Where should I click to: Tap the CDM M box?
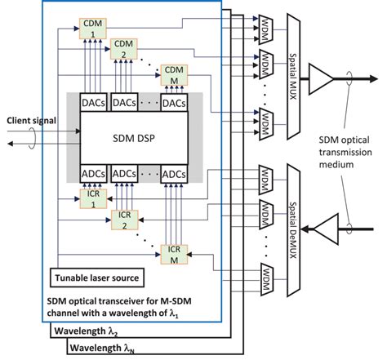point(173,74)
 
